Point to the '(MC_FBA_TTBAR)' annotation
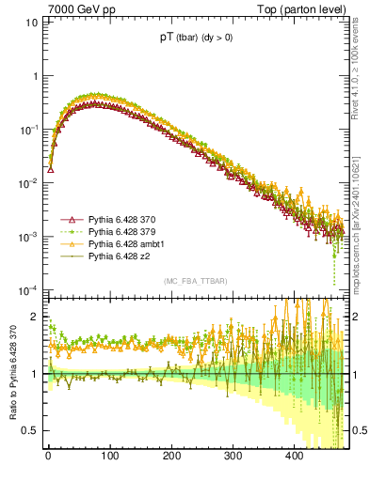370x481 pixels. (195, 281)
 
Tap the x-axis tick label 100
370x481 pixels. (109, 457)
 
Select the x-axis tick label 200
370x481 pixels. (171, 457)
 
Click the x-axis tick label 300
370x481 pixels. (233, 457)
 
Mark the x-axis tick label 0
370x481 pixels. (47, 457)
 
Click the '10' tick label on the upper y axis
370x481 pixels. (32, 21)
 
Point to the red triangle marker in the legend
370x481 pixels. (72, 219)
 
